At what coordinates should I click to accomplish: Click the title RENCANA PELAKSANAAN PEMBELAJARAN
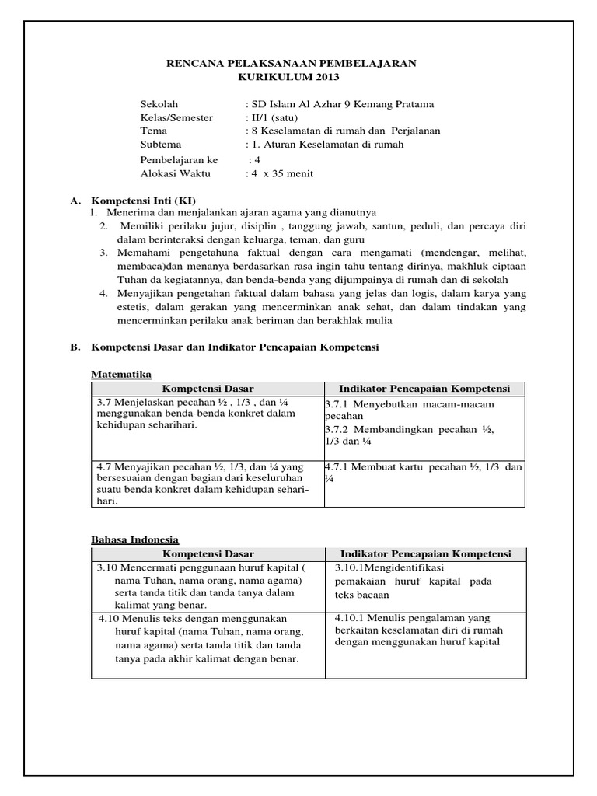[x=292, y=64]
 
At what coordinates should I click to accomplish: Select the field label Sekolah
[x=159, y=104]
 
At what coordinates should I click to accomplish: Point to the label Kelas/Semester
[x=176, y=117]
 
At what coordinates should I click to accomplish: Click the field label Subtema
[x=160, y=144]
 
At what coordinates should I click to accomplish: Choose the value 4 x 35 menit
[x=279, y=173]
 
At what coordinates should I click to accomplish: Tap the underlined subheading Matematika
[x=121, y=374]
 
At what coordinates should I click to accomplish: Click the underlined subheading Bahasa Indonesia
[x=135, y=539]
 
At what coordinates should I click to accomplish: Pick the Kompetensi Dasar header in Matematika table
[x=208, y=389]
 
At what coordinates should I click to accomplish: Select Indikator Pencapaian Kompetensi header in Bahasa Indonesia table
[x=425, y=553]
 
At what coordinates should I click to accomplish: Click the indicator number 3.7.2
[x=340, y=430]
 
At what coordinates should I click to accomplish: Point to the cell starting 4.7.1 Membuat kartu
[x=424, y=472]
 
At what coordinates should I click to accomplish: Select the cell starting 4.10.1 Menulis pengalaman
[x=424, y=630]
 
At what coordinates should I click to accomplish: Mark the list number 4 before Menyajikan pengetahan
[x=103, y=293]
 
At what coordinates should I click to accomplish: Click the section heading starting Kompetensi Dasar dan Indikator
[x=235, y=347]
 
